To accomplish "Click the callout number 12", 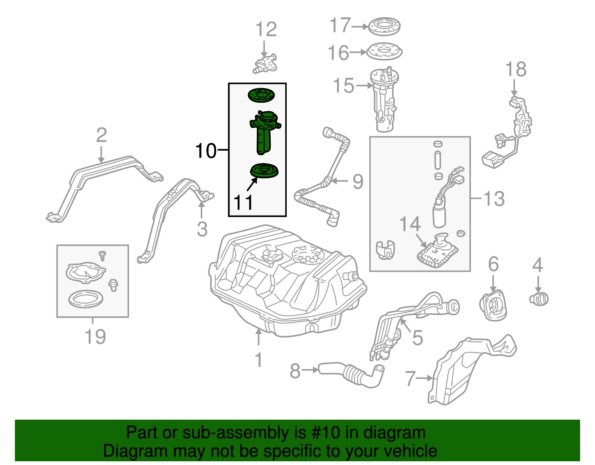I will point(266,30).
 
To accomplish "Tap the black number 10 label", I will point(206,151).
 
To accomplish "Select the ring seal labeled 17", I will point(384,26).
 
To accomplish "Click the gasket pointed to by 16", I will point(385,52).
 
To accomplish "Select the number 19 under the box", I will point(95,337).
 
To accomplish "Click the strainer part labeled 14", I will point(437,254).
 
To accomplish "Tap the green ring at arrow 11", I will point(264,171).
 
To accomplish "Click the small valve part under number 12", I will point(266,64).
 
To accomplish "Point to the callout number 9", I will point(357,182).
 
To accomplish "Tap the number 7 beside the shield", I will point(409,378).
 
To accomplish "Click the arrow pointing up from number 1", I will point(258,337).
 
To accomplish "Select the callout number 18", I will point(516,69).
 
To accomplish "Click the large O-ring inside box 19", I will point(86,299).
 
